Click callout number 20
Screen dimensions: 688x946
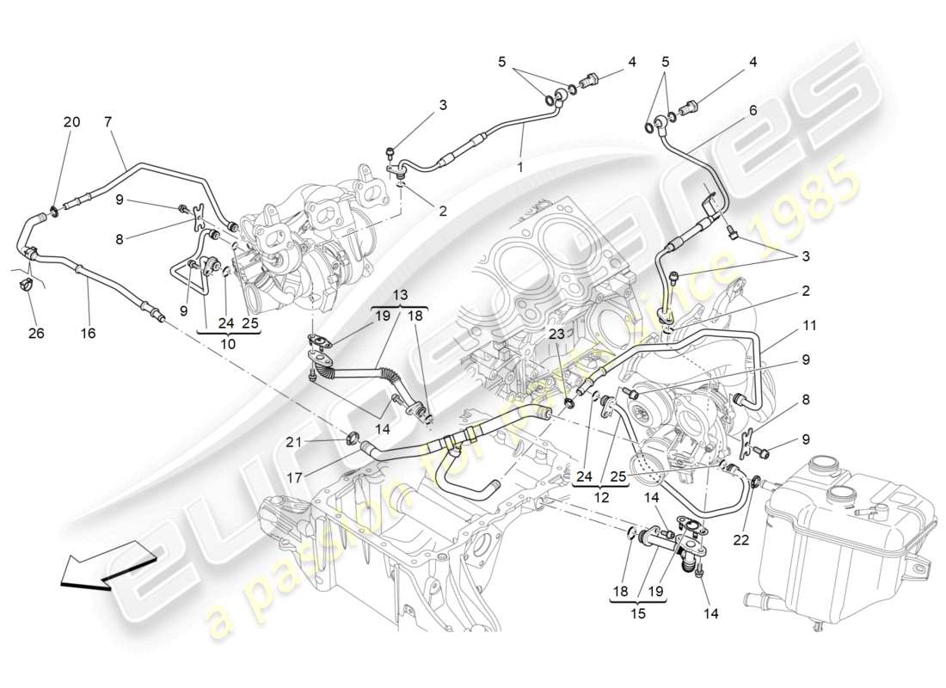(x=71, y=122)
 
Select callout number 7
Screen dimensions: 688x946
(x=109, y=122)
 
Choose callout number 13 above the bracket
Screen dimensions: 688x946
(x=401, y=293)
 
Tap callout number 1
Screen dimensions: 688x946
(x=519, y=168)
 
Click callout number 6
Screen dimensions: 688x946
(x=752, y=110)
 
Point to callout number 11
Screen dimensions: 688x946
(x=810, y=326)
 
